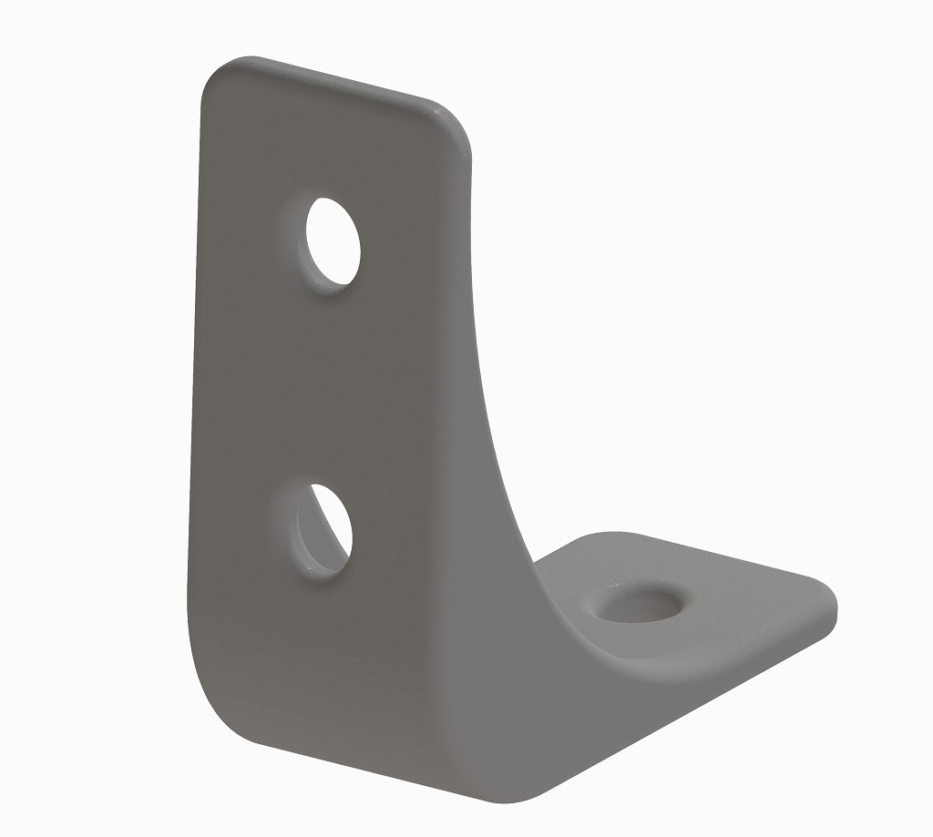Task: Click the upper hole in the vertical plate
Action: tap(333, 241)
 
